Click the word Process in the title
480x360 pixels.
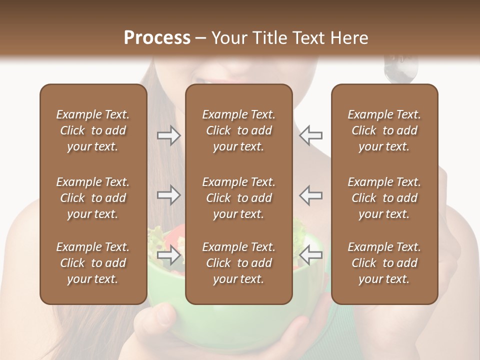pos(157,38)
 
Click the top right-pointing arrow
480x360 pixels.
pos(168,135)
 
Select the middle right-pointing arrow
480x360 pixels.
pos(168,195)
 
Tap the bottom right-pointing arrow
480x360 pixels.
pos(168,255)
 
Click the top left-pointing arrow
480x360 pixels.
pos(311,135)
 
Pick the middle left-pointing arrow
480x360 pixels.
pos(311,195)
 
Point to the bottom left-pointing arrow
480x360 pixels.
pos(311,255)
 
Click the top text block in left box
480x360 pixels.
pos(93,130)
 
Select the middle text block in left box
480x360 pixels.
pos(93,198)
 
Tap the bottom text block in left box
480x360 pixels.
pos(93,263)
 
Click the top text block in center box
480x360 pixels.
pos(238,130)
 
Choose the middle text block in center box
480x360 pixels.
pos(238,198)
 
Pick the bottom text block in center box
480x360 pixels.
pos(238,263)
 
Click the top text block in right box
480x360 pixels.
pos(384,130)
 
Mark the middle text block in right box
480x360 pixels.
pos(384,198)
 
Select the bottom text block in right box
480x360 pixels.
pos(384,263)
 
